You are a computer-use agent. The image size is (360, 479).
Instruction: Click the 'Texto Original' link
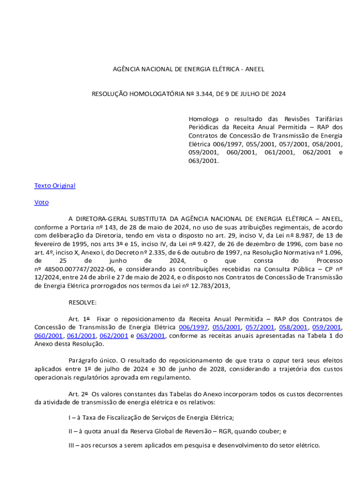(55, 186)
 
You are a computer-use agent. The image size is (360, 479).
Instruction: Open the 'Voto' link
(41, 203)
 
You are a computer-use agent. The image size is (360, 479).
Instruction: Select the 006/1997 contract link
(194, 327)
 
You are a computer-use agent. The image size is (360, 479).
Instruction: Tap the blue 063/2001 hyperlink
(151, 336)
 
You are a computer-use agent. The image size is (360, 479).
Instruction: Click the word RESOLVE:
(83, 302)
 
